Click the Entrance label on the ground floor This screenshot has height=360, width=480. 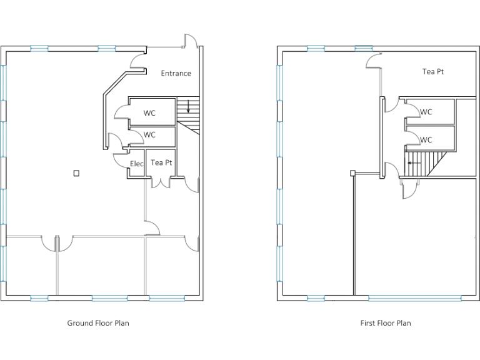click(x=176, y=74)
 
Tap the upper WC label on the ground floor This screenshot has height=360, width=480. click(x=149, y=113)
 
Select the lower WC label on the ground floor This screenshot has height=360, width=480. click(x=149, y=134)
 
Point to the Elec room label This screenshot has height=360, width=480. click(x=136, y=164)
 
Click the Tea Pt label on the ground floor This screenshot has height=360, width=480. click(x=161, y=162)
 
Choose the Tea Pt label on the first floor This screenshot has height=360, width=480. click(x=432, y=72)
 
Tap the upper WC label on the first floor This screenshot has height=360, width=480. click(x=426, y=112)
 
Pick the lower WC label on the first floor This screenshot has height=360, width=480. click(x=426, y=140)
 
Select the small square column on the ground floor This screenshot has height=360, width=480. click(x=76, y=173)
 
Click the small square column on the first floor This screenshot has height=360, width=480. click(x=352, y=173)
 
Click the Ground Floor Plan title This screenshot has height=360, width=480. click(x=98, y=323)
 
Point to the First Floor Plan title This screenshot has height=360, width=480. click(x=386, y=323)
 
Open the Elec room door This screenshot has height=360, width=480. click(x=119, y=161)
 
